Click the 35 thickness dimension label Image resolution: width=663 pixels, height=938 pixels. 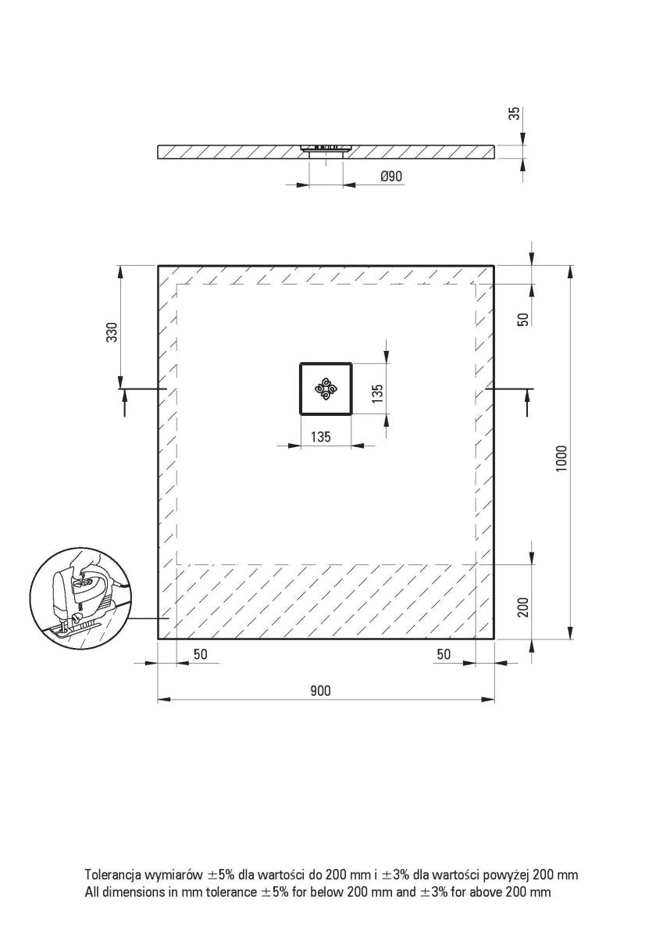click(x=513, y=113)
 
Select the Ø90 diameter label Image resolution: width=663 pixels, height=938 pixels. click(x=391, y=177)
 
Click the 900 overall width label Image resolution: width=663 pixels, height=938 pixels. click(x=320, y=690)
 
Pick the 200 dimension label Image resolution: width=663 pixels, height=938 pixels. click(x=524, y=607)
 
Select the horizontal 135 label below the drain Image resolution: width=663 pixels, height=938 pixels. click(x=319, y=438)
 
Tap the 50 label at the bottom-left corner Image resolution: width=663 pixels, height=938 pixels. click(x=201, y=654)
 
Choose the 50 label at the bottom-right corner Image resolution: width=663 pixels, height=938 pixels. click(x=444, y=654)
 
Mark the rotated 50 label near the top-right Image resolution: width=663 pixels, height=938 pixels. click(x=524, y=319)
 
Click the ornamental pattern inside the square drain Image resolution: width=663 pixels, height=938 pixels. click(x=325, y=388)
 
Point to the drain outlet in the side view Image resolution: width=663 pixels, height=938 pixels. click(x=326, y=151)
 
